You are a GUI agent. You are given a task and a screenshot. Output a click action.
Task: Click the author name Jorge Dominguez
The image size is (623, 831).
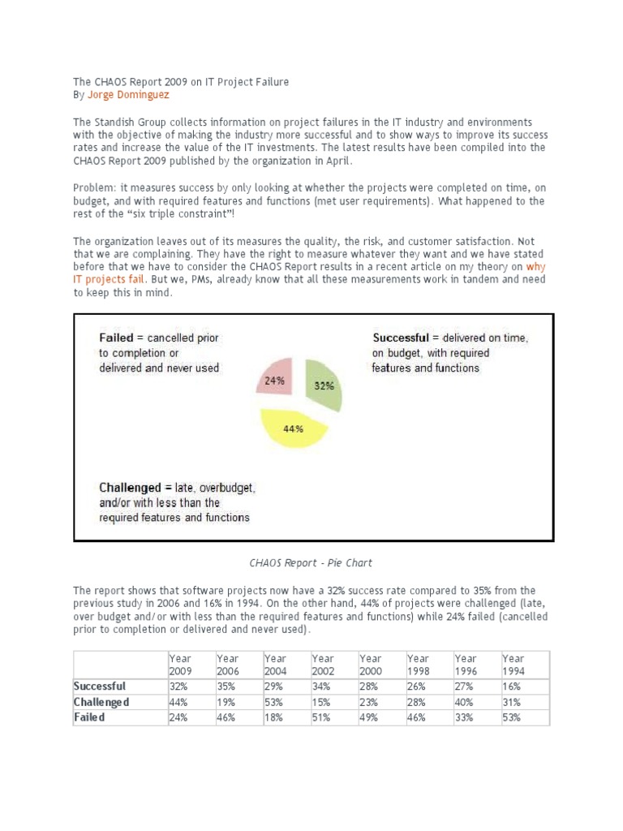tap(127, 95)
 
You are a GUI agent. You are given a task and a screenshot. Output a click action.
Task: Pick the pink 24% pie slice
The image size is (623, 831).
tap(277, 380)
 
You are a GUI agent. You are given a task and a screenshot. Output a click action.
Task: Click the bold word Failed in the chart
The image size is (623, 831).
tap(122, 338)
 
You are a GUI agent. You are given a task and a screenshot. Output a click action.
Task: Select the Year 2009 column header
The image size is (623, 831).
tap(181, 665)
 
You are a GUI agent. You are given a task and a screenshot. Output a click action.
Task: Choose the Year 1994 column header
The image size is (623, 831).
tap(513, 665)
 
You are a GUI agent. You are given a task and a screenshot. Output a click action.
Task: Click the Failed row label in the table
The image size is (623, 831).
tap(89, 717)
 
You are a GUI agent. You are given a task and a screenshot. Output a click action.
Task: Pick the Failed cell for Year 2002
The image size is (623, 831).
tap(323, 717)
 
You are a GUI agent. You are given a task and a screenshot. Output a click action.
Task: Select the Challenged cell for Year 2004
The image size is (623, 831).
tap(275, 701)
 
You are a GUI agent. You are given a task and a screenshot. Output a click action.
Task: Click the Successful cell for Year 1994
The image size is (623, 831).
tap(512, 686)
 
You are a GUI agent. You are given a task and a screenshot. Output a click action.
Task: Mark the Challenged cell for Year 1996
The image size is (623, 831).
tap(465, 701)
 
